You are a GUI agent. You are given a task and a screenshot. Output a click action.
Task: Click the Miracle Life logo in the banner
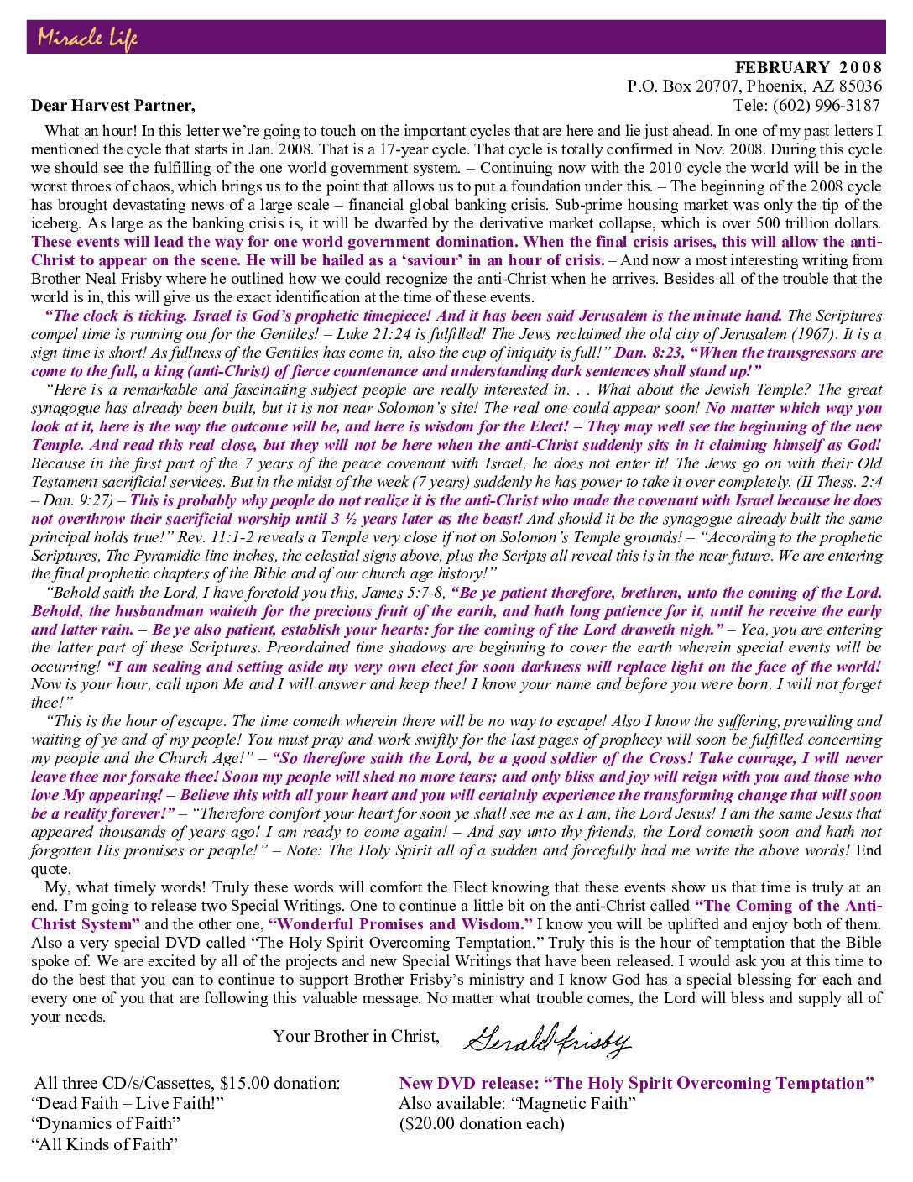(x=87, y=38)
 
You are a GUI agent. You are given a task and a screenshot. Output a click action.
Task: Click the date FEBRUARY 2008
(x=808, y=68)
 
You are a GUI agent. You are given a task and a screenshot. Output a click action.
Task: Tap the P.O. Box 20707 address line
(x=754, y=86)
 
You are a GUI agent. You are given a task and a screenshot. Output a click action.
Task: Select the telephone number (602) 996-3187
(x=827, y=106)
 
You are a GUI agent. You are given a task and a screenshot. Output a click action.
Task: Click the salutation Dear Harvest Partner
(x=113, y=106)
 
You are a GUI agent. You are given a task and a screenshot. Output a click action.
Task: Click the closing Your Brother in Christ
(x=356, y=1037)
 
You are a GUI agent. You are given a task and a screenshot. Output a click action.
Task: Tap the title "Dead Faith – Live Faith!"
(x=128, y=1104)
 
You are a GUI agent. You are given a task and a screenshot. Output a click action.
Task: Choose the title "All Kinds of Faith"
(x=105, y=1144)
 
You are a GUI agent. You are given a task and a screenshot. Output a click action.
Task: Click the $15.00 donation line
(x=187, y=1084)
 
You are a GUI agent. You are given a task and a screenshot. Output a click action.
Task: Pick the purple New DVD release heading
(x=636, y=1084)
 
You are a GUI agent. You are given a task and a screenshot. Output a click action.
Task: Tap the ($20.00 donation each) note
(x=482, y=1124)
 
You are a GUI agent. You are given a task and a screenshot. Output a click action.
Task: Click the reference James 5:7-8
(x=407, y=593)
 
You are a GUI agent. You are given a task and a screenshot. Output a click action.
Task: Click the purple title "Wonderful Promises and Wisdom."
(x=400, y=924)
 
